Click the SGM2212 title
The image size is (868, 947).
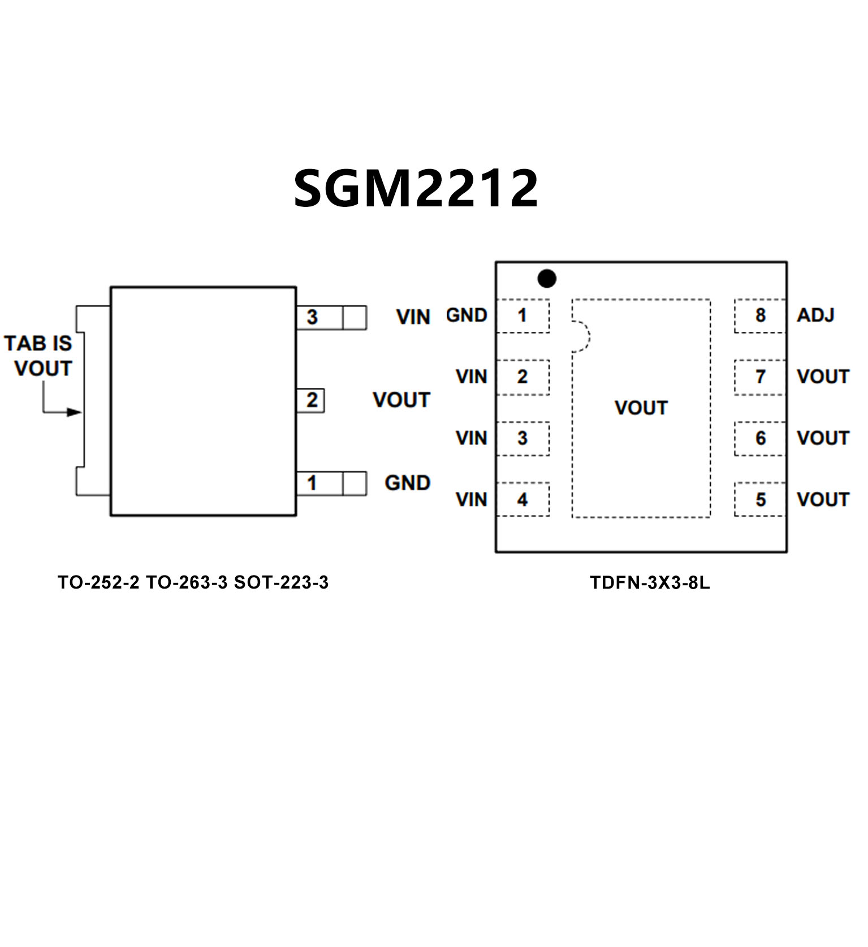[x=416, y=188]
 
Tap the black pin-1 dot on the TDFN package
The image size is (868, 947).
[x=547, y=278]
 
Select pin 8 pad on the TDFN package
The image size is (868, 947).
[x=760, y=315]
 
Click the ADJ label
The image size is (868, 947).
[x=815, y=315]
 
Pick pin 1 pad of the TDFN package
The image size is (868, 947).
[x=522, y=315]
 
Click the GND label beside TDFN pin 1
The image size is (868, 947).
[x=467, y=315]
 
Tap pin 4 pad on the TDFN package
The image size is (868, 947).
[x=522, y=499]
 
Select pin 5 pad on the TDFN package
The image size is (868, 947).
[x=760, y=499]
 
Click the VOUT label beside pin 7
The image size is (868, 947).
[x=823, y=377]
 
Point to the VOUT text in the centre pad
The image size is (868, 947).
[x=641, y=408]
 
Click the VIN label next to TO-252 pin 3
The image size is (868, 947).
[x=413, y=317]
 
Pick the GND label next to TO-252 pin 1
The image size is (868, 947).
[x=408, y=483]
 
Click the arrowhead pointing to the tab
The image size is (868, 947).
[x=75, y=412]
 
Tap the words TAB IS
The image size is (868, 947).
[x=38, y=343]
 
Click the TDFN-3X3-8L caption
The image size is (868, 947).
[x=650, y=582]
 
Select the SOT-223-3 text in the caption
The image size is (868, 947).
[x=281, y=582]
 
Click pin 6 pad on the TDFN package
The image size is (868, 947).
[x=760, y=438]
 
